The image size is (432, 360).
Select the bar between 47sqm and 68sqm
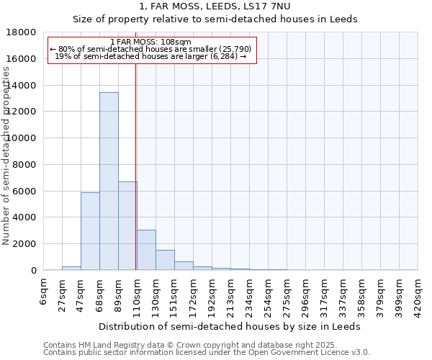pos(90,231)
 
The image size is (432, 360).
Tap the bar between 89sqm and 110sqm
pos(127,225)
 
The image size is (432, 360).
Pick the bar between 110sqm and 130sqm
pos(146,250)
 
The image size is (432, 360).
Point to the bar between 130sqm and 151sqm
pos(165,260)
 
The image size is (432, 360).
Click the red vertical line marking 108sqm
pos(135,158)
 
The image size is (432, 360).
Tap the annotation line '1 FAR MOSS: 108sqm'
pos(151,42)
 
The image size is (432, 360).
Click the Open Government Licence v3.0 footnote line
pos(207,353)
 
